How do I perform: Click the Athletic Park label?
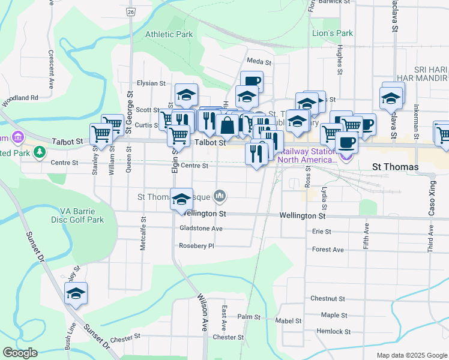tap(169, 34)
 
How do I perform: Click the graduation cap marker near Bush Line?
tap(76, 293)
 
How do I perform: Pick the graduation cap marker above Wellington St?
tap(181, 200)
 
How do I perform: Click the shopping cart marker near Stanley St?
tap(101, 135)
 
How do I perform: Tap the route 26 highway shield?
tap(130, 11)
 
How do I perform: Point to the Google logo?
tap(20, 353)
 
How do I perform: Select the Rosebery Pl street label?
tap(196, 246)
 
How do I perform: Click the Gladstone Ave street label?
tap(200, 229)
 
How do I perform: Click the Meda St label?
tap(259, 62)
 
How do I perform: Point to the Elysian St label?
tap(151, 83)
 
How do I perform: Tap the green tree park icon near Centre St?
tap(40, 152)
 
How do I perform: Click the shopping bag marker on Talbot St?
tap(228, 126)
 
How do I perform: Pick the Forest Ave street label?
tap(328, 250)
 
